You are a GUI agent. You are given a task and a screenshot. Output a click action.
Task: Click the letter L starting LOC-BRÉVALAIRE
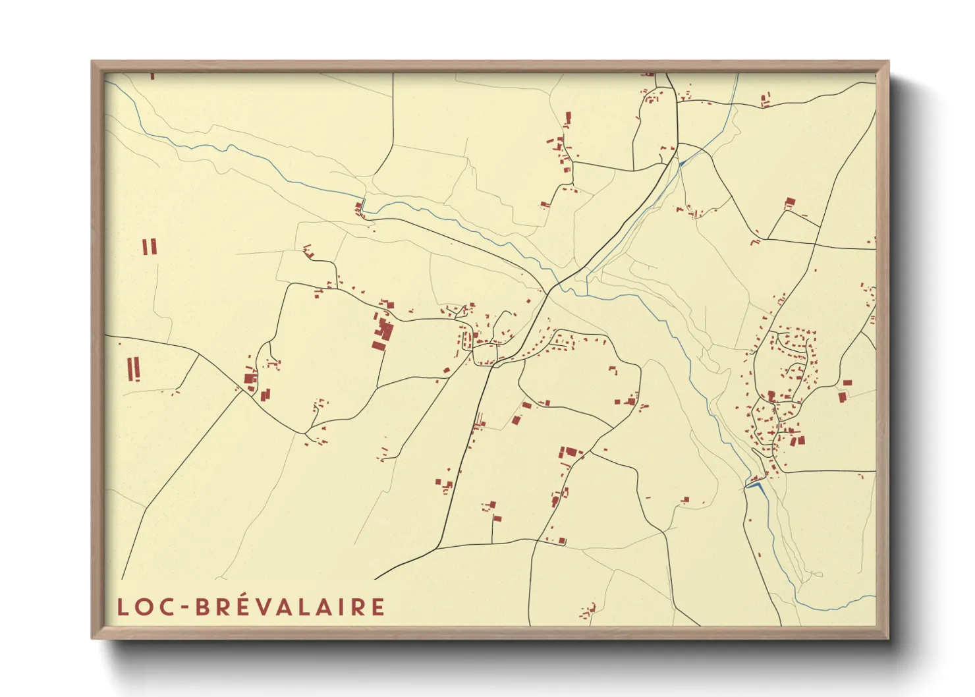tap(123, 607)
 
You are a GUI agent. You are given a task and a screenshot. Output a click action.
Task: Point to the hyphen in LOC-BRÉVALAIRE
tap(184, 608)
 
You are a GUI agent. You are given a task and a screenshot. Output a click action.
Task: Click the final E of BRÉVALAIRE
tap(377, 607)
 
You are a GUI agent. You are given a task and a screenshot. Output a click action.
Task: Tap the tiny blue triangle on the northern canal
tap(682, 161)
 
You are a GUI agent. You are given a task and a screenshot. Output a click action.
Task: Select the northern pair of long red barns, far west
tap(150, 247)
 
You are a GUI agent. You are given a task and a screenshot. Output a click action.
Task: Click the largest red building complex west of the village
tap(382, 331)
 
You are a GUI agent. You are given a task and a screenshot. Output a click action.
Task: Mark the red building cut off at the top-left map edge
tap(152, 76)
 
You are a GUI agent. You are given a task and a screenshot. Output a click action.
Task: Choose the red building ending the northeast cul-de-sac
tap(790, 202)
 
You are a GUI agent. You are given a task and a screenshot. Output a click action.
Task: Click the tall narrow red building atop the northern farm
tap(568, 119)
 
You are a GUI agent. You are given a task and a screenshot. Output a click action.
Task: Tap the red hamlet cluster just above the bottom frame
tap(587, 611)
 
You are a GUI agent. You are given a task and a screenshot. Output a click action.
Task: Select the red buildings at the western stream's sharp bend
tap(359, 209)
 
